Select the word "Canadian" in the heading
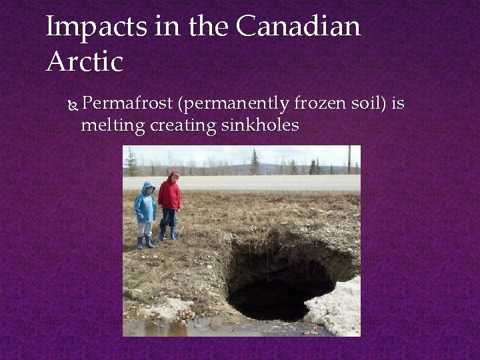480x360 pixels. [298, 27]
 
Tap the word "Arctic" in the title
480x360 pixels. [85, 62]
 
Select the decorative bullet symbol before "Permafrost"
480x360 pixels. [74, 105]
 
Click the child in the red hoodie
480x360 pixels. [170, 200]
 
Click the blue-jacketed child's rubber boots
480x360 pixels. [145, 242]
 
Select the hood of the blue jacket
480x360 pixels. [147, 187]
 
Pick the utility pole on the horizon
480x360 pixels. [349, 160]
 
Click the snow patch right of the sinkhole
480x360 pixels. [337, 307]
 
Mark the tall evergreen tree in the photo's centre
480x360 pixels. [255, 162]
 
